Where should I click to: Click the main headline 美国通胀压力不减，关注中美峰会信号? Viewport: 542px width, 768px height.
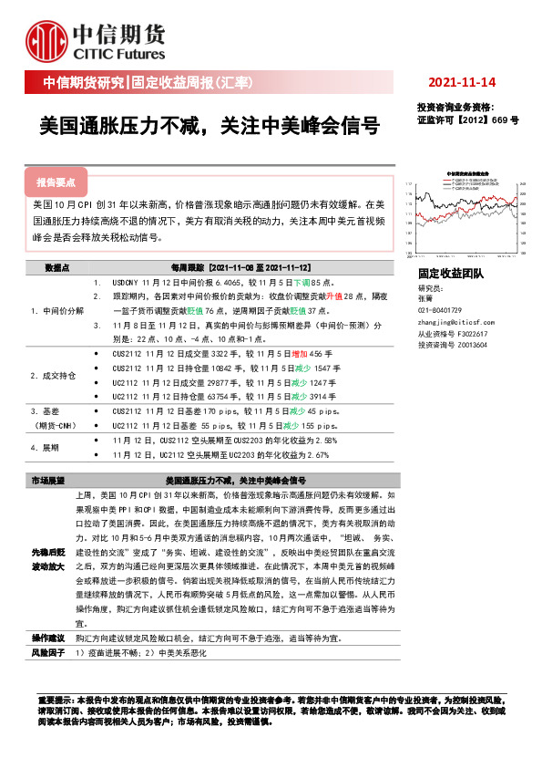(x=209, y=125)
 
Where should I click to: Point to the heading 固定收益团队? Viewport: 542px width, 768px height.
(x=451, y=274)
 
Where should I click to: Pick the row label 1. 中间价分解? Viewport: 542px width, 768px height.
(x=57, y=311)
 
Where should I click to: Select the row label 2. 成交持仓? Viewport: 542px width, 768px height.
(x=53, y=375)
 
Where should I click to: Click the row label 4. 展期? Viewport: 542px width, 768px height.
(x=45, y=447)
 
